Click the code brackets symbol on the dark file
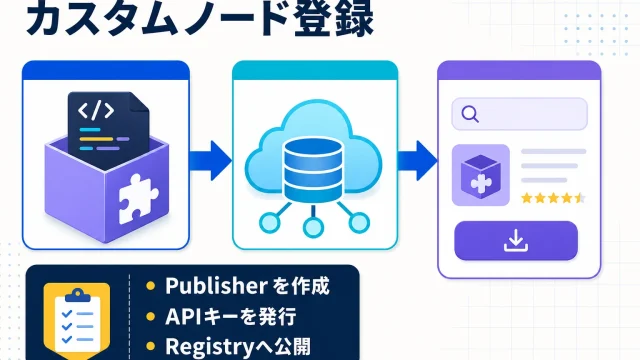pyautogui.click(x=96, y=111)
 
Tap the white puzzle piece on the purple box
pyautogui.click(x=138, y=199)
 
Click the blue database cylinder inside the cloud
pyautogui.click(x=313, y=170)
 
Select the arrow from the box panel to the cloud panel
pyautogui.click(x=210, y=160)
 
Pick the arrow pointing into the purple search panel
pyautogui.click(x=417, y=160)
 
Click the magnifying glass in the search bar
pyautogui.click(x=470, y=114)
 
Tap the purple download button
pyautogui.click(x=516, y=241)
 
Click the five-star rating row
pyautogui.click(x=553, y=198)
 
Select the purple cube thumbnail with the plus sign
pyautogui.click(x=481, y=175)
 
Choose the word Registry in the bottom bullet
pyautogui.click(x=210, y=347)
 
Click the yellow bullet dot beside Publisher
pyautogui.click(x=151, y=286)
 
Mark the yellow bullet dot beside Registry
pyautogui.click(x=151, y=347)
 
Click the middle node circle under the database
pyautogui.click(x=313, y=227)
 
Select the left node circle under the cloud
pyautogui.click(x=270, y=222)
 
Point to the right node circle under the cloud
pyautogui.click(x=359, y=222)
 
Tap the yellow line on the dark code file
pyautogui.click(x=96, y=139)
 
